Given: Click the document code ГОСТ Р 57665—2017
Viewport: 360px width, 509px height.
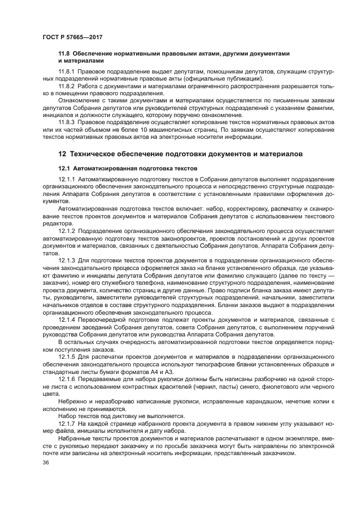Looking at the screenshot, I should pyautogui.click(x=72, y=37).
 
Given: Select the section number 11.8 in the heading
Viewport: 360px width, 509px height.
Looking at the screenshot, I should pyautogui.click(x=64, y=53).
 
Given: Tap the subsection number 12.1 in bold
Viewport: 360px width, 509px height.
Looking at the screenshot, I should pyautogui.click(x=64, y=168).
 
